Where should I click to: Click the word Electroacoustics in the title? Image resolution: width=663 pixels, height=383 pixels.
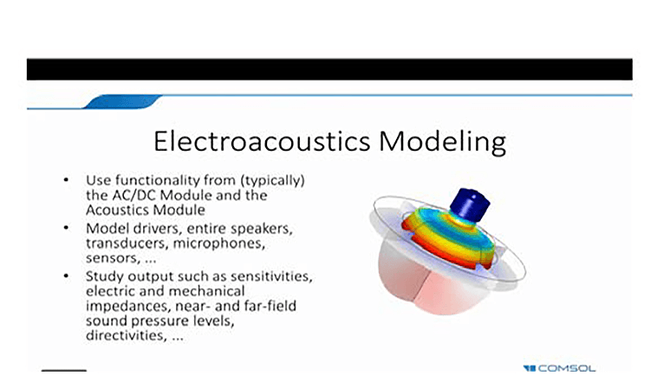coord(262,141)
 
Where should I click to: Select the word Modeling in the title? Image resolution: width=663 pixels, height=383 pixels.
coord(442,142)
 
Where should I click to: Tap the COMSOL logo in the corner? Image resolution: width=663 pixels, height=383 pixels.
coord(559,368)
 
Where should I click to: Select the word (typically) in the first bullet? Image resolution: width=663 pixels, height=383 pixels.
coord(273,181)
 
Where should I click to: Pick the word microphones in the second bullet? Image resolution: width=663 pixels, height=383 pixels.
coord(219,243)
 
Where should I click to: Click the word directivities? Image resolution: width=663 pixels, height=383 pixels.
coord(126,335)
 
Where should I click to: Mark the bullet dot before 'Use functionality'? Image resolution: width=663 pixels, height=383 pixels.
coord(66,180)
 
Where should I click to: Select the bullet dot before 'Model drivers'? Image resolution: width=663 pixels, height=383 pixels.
coord(66,228)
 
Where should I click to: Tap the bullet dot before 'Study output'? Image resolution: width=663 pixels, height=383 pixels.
coord(66,276)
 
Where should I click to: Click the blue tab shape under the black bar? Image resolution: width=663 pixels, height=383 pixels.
coord(122,102)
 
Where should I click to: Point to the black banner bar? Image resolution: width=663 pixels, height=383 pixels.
coord(330,69)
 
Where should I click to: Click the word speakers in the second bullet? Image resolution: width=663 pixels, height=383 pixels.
coord(262,229)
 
